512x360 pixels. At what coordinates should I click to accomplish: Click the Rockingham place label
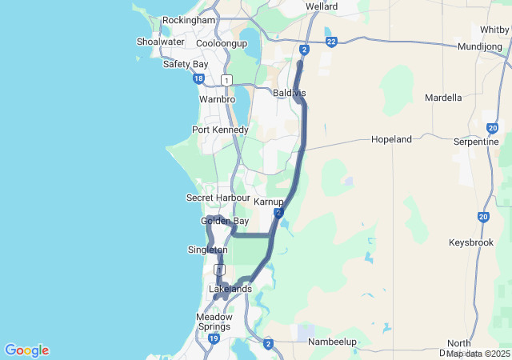[x=189, y=20]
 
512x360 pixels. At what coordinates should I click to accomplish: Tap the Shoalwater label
[x=160, y=42]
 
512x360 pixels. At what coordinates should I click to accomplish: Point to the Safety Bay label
[x=185, y=64]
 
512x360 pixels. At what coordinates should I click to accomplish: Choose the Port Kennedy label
[x=220, y=130]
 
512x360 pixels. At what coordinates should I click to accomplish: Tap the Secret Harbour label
[x=218, y=198]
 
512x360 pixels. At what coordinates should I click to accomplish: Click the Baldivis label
[x=289, y=94]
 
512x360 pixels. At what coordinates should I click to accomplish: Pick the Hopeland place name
[x=391, y=139]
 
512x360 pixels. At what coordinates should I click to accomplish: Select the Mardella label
[x=443, y=98]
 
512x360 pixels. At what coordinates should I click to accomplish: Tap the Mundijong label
[x=480, y=47]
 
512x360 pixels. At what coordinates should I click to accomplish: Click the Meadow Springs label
[x=214, y=322]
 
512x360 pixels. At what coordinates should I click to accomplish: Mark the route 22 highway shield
[x=330, y=42]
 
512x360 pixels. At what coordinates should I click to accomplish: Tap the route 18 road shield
[x=198, y=78]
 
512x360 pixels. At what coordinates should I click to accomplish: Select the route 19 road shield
[x=214, y=339]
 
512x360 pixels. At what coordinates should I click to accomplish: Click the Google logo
[x=26, y=350]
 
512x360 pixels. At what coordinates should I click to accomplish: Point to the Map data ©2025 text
[x=478, y=354]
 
